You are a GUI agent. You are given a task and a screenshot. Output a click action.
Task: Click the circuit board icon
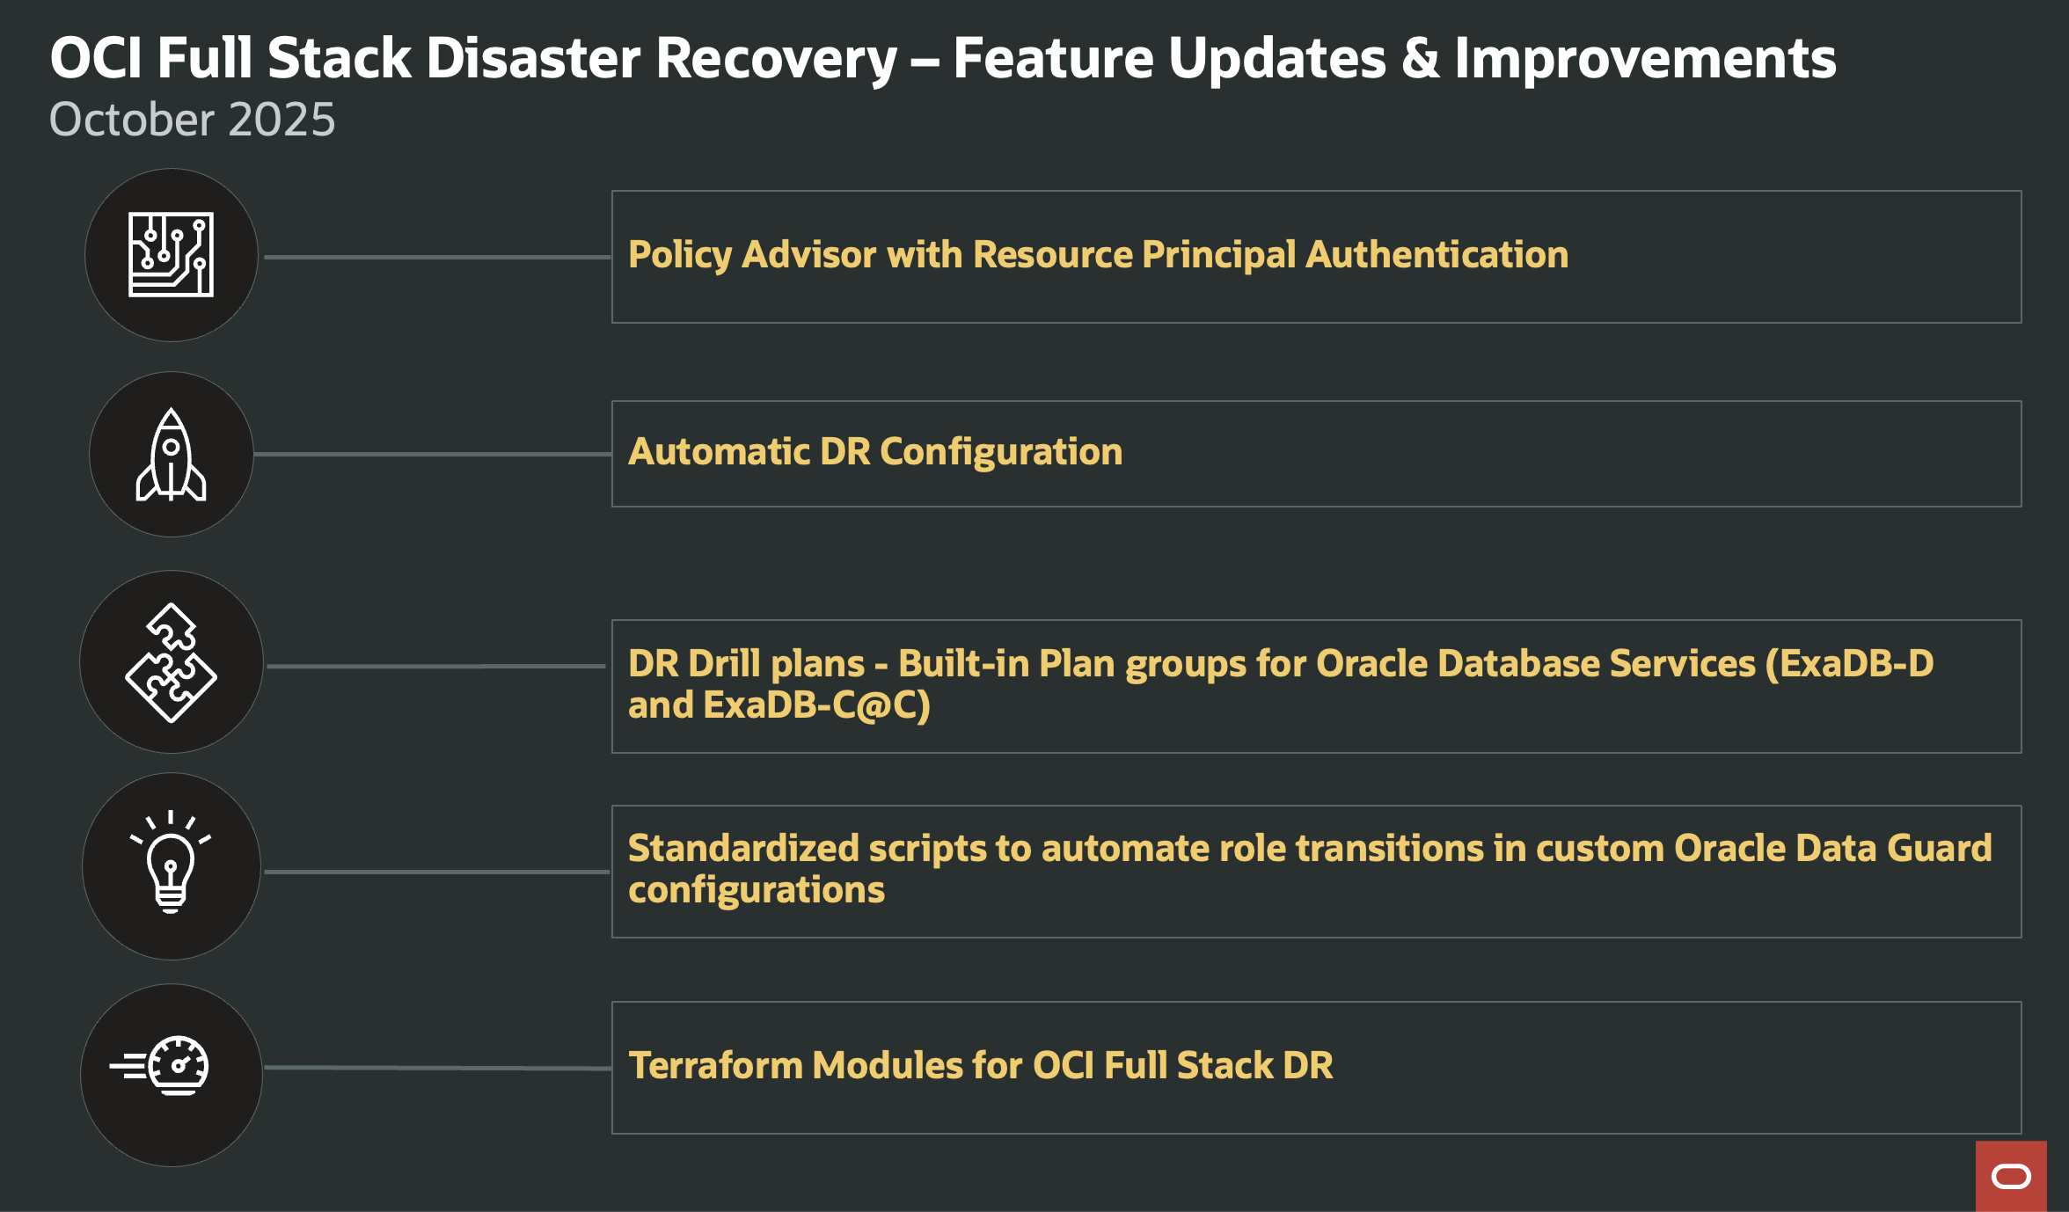coord(171,254)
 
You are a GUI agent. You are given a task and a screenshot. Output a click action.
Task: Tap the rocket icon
coord(171,455)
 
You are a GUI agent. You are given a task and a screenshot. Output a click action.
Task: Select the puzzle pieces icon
coord(171,662)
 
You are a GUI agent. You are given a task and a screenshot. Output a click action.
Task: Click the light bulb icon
coord(171,864)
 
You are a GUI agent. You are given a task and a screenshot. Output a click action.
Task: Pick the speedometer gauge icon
coord(171,1066)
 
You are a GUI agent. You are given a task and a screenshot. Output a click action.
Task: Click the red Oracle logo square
coord(2011,1176)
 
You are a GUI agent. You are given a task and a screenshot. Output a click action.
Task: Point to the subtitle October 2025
coord(192,120)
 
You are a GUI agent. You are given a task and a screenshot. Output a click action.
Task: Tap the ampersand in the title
coord(1420,59)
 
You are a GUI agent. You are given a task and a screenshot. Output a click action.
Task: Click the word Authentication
coord(1437,255)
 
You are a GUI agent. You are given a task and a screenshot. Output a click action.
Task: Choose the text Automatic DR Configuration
coord(874,452)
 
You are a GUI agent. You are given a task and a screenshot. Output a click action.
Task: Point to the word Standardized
coord(743,849)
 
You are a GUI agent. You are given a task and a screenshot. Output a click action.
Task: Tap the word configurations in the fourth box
coord(756,890)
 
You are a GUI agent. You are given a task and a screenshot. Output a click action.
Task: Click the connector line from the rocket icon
coord(431,454)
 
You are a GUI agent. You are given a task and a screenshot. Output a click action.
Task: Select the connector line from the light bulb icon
coord(435,872)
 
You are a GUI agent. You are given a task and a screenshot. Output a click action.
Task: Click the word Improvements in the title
coord(1645,59)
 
